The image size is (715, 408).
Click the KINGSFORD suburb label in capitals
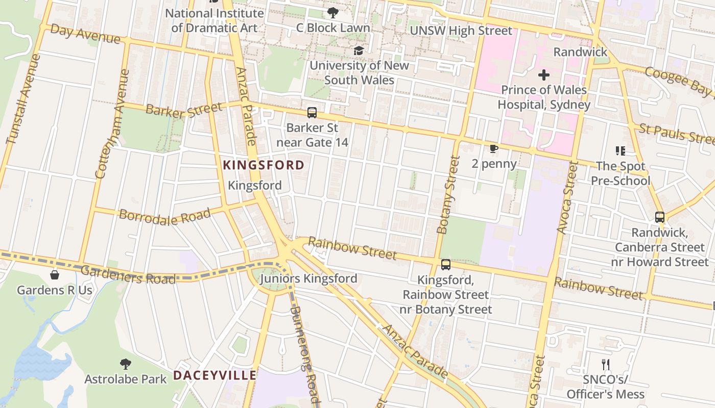pos(264,165)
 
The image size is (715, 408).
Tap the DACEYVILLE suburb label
pos(214,375)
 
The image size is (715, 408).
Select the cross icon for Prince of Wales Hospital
pos(544,75)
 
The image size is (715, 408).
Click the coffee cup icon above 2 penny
pos(493,148)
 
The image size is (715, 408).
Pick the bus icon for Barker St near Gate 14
pos(312,113)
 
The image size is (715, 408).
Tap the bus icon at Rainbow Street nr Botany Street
pos(445,265)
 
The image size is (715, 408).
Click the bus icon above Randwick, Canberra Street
pos(659,217)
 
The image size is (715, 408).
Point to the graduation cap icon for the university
pos(359,50)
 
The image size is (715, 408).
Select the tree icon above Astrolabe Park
pos(125,364)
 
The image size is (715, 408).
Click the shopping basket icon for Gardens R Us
pos(55,275)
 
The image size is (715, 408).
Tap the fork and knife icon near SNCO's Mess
pos(606,364)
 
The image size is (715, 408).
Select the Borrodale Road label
pos(164,216)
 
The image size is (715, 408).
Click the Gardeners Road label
pos(128,275)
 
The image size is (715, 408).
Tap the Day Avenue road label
pos(85,35)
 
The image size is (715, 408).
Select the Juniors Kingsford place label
pos(308,278)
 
